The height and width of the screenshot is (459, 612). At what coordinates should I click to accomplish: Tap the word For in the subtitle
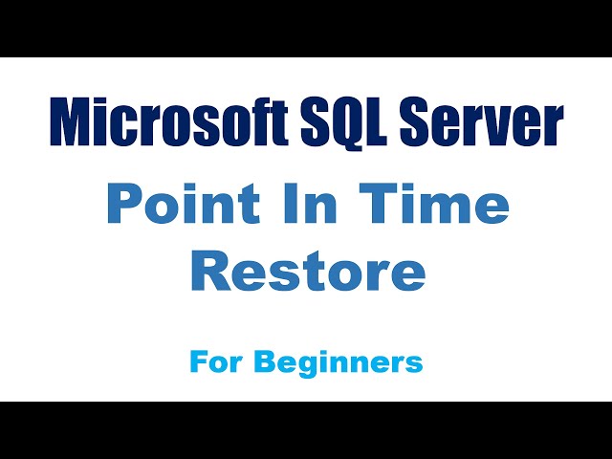click(213, 361)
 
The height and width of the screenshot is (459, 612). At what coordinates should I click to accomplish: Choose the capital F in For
click(197, 361)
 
